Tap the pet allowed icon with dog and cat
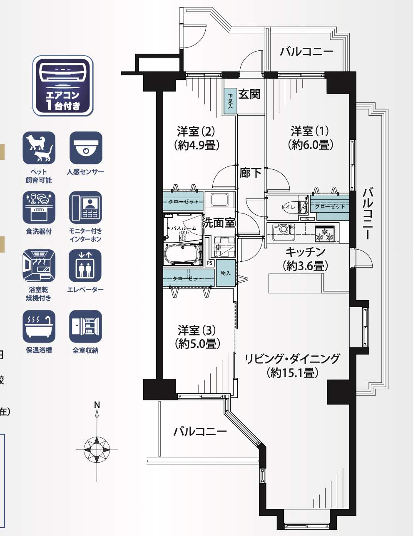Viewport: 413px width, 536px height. coord(39,148)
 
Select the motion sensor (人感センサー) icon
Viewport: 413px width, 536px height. coord(85,148)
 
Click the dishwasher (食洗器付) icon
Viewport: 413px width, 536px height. coord(39,207)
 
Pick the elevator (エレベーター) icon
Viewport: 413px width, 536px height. coord(85,266)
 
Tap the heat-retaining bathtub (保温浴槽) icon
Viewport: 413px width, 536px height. coord(39,326)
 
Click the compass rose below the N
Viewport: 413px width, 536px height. coord(97,449)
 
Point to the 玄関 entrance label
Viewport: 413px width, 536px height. coord(249,94)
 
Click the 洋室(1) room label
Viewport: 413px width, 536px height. coord(310,131)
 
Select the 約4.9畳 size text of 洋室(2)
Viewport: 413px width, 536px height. coord(196,145)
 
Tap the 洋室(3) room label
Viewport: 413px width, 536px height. coord(196,330)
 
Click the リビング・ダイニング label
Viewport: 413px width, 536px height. coord(292,358)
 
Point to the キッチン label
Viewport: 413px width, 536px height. coord(305,252)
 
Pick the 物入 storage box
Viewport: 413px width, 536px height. coord(226,273)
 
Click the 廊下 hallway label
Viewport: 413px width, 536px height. coord(251,172)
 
